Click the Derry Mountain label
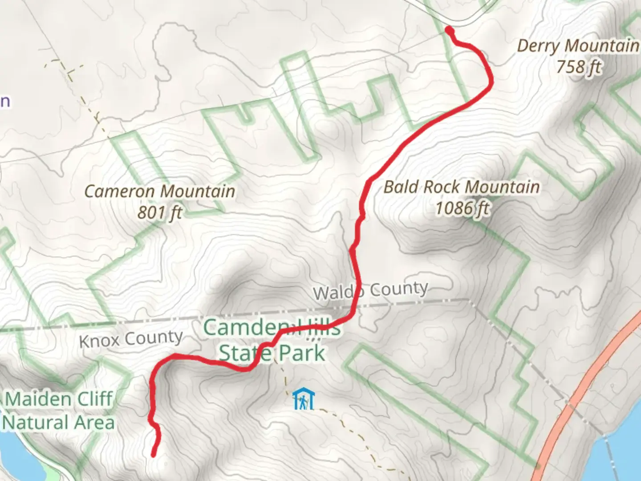coord(578,46)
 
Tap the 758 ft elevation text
coord(579,67)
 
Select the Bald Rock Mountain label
coord(462,187)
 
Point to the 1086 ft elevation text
coord(462,208)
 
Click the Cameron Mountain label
coord(160,192)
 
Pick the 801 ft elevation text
coord(159,212)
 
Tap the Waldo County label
coord(370,290)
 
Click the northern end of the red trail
coord(449,30)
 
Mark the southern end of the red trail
coord(154,455)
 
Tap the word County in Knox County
coord(154,338)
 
